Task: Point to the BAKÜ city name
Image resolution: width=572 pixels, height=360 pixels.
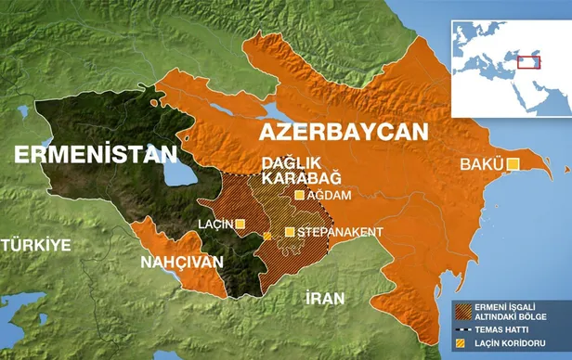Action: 480,166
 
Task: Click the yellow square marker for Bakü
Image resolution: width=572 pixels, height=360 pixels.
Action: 513,165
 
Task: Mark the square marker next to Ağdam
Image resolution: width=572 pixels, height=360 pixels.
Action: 299,196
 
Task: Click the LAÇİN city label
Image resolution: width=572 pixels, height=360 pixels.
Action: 216,224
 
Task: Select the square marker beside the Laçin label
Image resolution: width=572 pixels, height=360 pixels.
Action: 240,224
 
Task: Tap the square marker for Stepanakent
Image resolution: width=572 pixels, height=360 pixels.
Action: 290,231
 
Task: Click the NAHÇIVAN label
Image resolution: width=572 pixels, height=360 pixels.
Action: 181,263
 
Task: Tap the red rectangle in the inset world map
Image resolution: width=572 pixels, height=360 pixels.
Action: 529,61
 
